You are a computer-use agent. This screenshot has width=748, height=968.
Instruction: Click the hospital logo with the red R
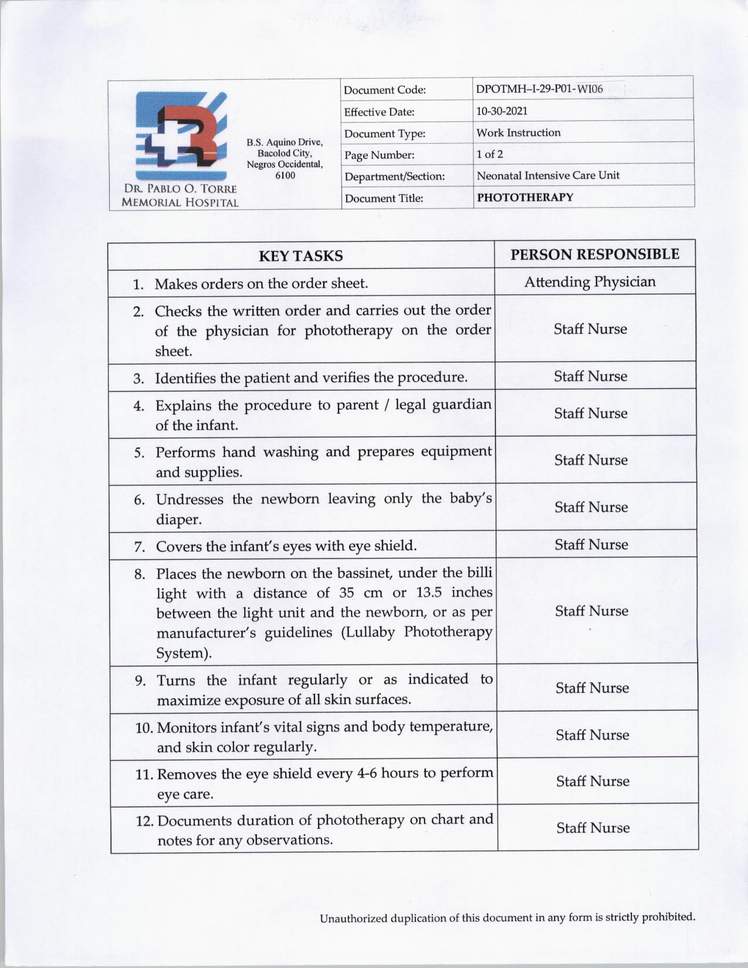(x=180, y=136)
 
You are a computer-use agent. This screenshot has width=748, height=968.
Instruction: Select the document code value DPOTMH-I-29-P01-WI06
(x=539, y=89)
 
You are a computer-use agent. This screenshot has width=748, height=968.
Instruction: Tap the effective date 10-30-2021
(x=502, y=111)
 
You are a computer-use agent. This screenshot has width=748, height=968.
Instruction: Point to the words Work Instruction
(x=518, y=133)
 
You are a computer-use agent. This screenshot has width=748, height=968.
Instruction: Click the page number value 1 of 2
(x=489, y=154)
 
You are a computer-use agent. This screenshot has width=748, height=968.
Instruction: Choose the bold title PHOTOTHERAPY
(x=524, y=197)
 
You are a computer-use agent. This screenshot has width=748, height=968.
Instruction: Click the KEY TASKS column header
(x=300, y=256)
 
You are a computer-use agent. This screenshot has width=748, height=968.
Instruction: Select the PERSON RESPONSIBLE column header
(x=594, y=254)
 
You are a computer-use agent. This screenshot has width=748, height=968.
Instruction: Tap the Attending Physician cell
(x=590, y=282)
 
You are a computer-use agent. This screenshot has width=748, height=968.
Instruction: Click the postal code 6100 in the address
(x=285, y=175)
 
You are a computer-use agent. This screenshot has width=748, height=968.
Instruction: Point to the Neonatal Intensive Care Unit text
(x=547, y=175)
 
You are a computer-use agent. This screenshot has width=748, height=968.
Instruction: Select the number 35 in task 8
(x=346, y=593)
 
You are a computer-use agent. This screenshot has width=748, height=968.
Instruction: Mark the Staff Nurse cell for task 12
(x=593, y=828)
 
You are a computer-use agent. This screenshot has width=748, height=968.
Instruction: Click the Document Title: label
(x=384, y=198)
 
